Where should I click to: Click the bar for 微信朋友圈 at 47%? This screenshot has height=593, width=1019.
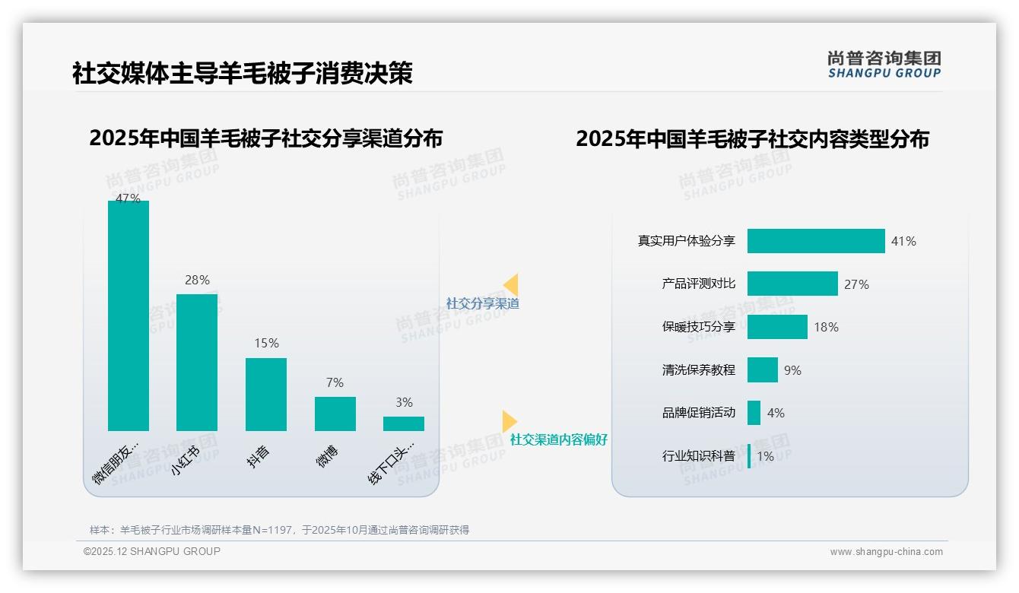tap(129, 316)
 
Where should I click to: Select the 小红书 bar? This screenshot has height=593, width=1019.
tap(197, 362)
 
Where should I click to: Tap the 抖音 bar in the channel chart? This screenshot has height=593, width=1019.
tap(266, 394)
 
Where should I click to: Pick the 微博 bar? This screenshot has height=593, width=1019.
tap(335, 414)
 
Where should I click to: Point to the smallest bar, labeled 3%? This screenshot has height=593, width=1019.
tap(404, 423)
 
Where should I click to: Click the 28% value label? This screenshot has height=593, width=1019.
tap(197, 280)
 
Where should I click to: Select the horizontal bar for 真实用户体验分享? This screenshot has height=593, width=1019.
tap(816, 241)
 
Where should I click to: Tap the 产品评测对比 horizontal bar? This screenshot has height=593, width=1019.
tap(792, 284)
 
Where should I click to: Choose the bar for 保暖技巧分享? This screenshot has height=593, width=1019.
tap(777, 327)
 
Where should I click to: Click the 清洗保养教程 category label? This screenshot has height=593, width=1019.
tap(698, 370)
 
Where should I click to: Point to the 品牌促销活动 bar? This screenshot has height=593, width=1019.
tap(754, 413)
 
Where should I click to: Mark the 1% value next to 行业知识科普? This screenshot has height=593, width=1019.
tap(765, 456)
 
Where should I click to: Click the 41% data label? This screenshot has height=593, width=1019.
tap(903, 241)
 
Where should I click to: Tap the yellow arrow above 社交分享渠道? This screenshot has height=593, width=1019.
tap(511, 284)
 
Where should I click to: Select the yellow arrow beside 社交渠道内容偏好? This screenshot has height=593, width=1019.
tap(510, 421)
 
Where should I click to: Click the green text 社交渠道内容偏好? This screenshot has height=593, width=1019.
tap(559, 439)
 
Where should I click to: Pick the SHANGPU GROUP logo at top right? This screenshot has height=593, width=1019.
tap(884, 64)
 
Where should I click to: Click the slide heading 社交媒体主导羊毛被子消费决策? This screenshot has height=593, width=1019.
tap(243, 73)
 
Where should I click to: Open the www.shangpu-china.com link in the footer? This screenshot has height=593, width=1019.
tap(886, 552)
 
